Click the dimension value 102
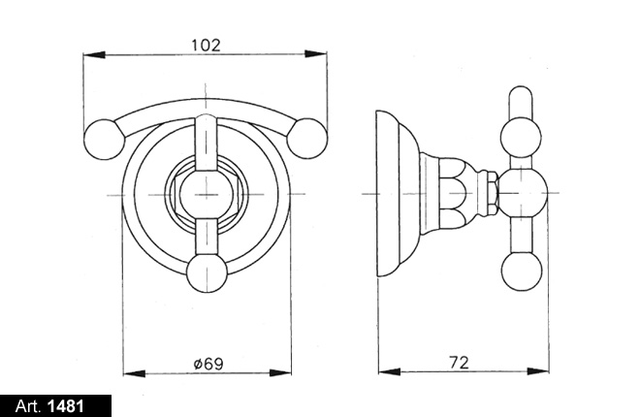pyautogui.click(x=206, y=45)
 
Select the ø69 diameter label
pyautogui.click(x=209, y=363)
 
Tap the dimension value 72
pyautogui.click(x=460, y=362)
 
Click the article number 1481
pyautogui.click(x=66, y=406)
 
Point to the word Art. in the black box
pyautogui.click(x=28, y=406)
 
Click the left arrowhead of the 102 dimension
pyautogui.click(x=94, y=54)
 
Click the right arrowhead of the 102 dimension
pyautogui.click(x=315, y=54)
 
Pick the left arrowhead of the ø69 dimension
pyautogui.click(x=134, y=373)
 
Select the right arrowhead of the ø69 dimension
pyautogui.click(x=280, y=373)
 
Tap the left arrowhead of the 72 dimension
pyautogui.click(x=390, y=371)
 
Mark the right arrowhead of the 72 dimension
pyautogui.click(x=537, y=371)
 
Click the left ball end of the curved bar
pyautogui.click(x=104, y=139)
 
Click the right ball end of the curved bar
pyautogui.click(x=307, y=139)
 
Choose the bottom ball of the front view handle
pyautogui.click(x=207, y=273)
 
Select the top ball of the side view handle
pyautogui.click(x=521, y=137)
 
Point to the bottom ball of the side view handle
pyautogui.click(x=522, y=272)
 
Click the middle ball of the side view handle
pyautogui.click(x=522, y=193)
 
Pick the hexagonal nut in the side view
pyautogui.click(x=493, y=193)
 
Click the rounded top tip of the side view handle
pyautogui.click(x=521, y=87)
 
